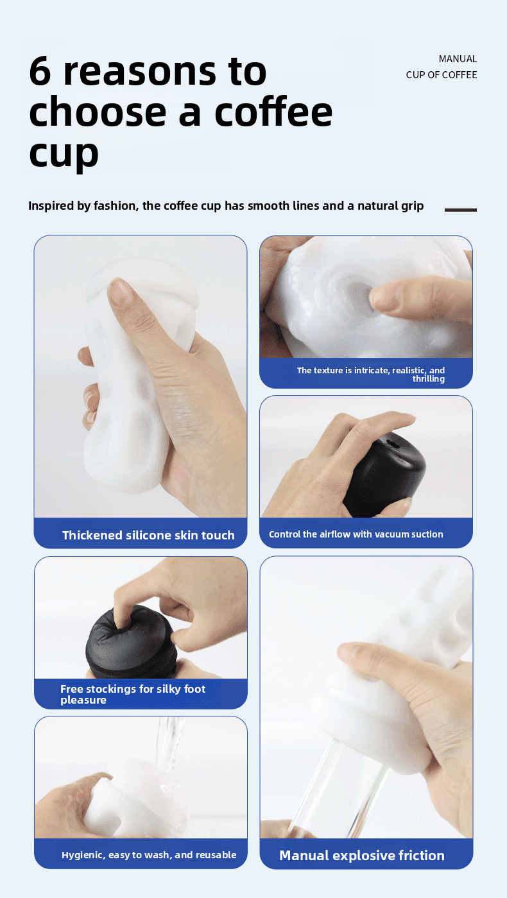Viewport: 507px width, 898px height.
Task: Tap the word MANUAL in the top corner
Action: coord(458,59)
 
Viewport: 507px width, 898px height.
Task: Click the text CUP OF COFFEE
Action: coord(442,75)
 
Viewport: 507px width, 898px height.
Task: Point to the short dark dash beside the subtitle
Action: coord(460,210)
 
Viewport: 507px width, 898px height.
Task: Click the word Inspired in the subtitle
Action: coord(51,206)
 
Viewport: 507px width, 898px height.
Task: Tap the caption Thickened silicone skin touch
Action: coord(148,535)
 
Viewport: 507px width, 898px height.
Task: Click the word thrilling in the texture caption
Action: coord(428,379)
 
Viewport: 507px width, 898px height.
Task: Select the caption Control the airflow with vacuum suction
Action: coord(356,534)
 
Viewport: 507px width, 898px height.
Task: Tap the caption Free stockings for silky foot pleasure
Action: coord(133,694)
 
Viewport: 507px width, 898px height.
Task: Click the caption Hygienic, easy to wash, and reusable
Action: coord(149,855)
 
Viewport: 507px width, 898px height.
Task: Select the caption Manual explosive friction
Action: coord(361,855)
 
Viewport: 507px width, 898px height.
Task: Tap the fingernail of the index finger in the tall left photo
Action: coord(121,292)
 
